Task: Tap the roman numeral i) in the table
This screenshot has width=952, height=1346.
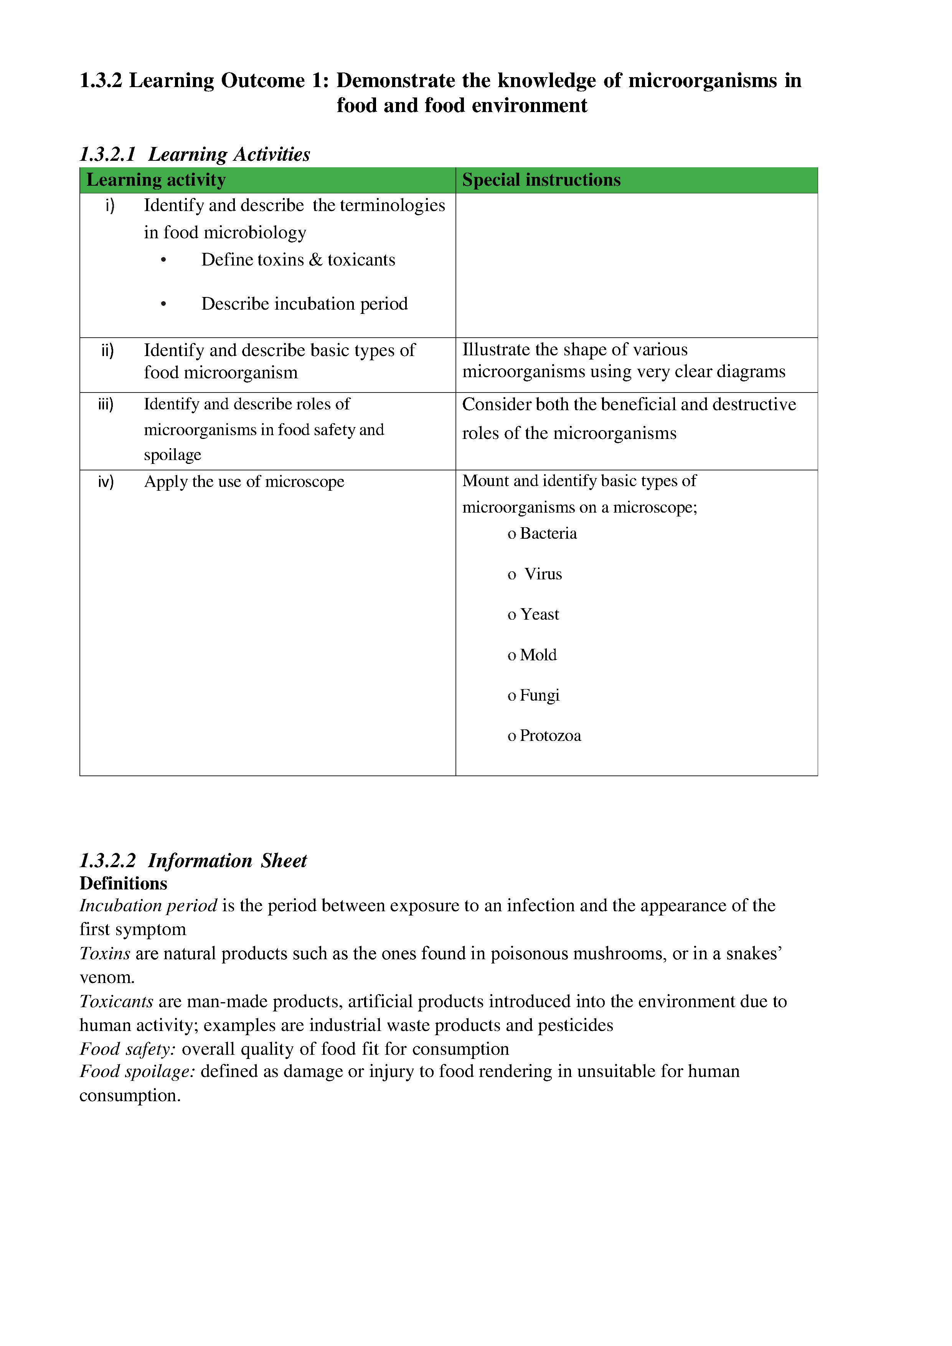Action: point(110,206)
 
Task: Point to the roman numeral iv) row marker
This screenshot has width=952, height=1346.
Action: point(106,482)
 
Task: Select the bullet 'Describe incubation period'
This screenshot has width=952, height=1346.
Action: point(304,304)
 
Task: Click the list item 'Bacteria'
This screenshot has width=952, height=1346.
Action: point(548,533)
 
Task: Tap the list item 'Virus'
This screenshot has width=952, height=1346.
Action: point(542,574)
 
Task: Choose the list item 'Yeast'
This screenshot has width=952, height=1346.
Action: point(539,614)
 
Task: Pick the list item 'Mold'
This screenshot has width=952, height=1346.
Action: point(538,655)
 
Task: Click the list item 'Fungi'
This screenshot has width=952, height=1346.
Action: point(539,695)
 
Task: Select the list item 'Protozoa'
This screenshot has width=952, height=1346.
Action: point(550,736)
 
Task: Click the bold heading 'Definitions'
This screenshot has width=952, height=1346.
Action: point(123,884)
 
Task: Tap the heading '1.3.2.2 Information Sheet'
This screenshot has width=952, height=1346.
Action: point(193,861)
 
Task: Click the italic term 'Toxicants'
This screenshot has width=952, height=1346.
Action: point(116,1001)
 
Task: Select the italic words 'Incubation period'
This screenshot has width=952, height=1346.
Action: point(148,906)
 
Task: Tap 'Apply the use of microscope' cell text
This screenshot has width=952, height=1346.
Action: point(244,482)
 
